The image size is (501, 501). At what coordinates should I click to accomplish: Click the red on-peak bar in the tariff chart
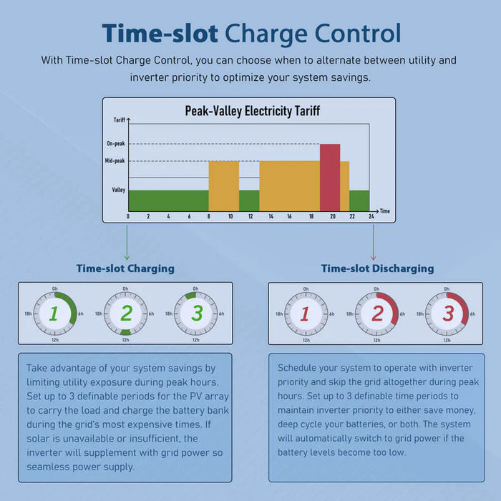point(330,177)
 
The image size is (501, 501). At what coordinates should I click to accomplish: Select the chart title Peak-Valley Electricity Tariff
point(253,111)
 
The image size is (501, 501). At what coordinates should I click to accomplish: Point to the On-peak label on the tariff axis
point(115,144)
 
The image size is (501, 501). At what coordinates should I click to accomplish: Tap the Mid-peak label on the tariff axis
point(115,161)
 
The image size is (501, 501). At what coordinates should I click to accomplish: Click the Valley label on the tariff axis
point(119,190)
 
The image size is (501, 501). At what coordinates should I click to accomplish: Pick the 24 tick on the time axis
point(370,216)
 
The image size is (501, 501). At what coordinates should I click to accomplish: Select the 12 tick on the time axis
point(249,216)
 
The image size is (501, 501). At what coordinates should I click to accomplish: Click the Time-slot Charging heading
point(125,268)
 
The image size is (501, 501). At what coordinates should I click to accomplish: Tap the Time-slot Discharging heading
point(377,268)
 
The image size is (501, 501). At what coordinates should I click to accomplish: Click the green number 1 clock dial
point(54,313)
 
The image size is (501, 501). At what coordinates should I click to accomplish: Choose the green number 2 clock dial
point(126,313)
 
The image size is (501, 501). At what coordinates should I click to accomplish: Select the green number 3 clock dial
point(197,313)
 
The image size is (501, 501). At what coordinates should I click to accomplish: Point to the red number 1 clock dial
point(306,313)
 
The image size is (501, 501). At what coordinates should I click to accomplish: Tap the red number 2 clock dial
point(377,313)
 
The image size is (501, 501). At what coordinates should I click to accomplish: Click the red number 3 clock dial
point(447,313)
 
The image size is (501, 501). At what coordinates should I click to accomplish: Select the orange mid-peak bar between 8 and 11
point(223,185)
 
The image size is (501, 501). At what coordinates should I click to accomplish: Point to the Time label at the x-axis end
point(385,211)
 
